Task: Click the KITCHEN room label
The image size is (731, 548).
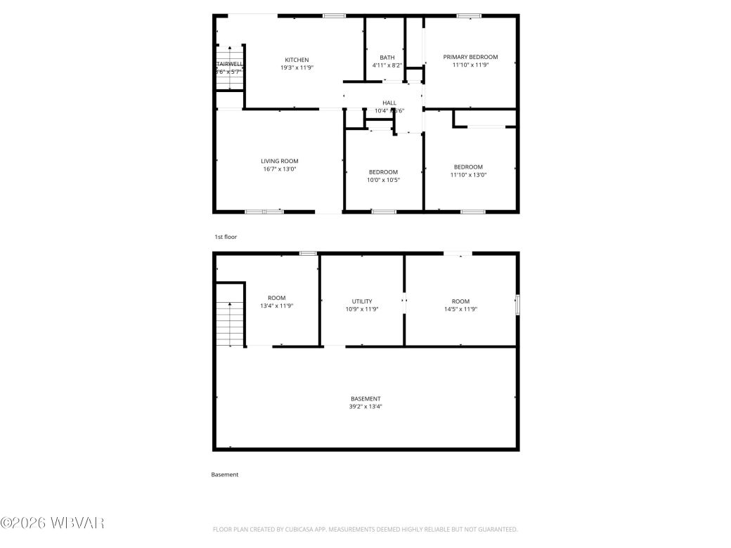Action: [296, 60]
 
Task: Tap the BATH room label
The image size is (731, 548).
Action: [387, 58]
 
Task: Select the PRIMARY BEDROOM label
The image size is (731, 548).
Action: [470, 57]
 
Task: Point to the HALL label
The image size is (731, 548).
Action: [389, 103]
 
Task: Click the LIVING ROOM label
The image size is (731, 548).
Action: [279, 161]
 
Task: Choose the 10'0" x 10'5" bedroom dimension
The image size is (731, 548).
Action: [383, 180]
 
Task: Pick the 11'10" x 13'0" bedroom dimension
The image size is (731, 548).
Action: [468, 175]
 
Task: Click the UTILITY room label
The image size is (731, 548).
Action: [362, 301]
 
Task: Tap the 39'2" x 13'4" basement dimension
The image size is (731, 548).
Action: [365, 406]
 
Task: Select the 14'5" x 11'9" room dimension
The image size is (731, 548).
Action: [460, 309]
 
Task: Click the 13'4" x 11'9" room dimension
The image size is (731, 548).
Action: [276, 306]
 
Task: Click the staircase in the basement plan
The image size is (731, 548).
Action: [229, 323]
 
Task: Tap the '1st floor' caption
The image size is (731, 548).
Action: [226, 237]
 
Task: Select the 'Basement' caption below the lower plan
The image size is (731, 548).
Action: [225, 475]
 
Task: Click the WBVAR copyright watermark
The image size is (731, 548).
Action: [53, 523]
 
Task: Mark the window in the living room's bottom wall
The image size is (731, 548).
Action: [264, 211]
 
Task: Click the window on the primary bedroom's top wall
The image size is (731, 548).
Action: [469, 15]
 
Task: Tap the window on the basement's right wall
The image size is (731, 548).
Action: [517, 305]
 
